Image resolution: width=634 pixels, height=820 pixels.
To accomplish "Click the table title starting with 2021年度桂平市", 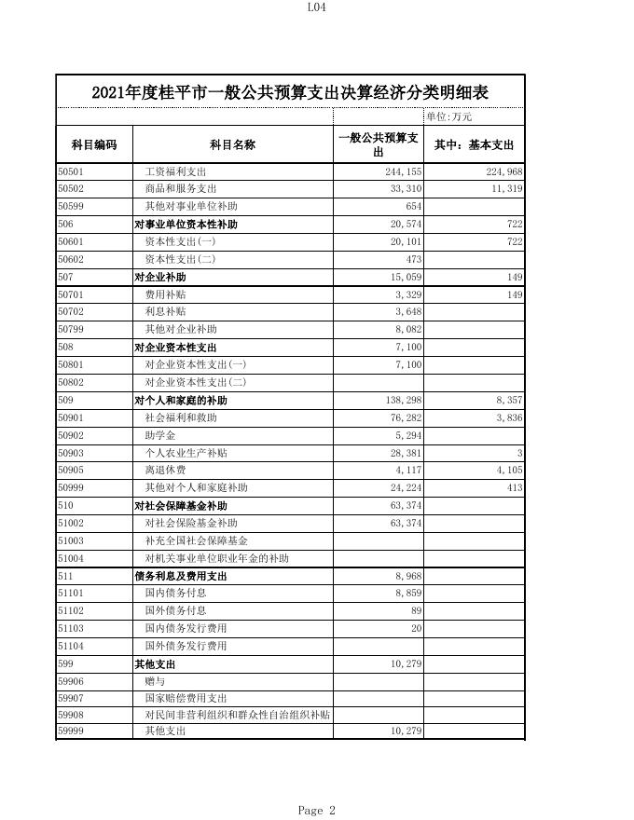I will [290, 93].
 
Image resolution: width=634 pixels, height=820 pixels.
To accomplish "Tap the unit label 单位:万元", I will [449, 116].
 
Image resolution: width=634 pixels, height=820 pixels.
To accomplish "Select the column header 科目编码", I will [94, 145].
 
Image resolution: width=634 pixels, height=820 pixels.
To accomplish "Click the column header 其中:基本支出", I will [475, 145].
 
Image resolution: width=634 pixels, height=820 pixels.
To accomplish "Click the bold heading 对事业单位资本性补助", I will [186, 225].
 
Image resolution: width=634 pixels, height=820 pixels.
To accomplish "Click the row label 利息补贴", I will [165, 312].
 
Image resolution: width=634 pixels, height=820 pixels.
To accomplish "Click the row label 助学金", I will [159, 435].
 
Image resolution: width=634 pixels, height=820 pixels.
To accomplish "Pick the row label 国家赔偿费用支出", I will [186, 698].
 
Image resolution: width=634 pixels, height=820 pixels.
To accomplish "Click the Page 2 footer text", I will [317, 811].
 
